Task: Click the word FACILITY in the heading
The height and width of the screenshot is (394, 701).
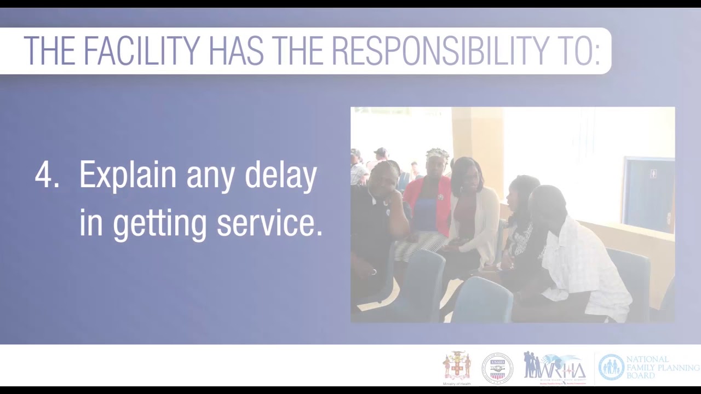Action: coord(142,51)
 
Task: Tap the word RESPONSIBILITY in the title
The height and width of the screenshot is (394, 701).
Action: coord(439,51)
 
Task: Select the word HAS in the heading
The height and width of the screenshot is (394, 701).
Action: coord(236,51)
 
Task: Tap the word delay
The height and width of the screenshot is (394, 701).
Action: coord(280,176)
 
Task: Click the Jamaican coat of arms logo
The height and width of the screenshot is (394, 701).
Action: coord(457,366)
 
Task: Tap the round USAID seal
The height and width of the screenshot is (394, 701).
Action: coord(497,368)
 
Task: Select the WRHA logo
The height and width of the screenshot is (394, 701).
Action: coord(554,367)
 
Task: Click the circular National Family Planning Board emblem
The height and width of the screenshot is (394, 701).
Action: coord(611,367)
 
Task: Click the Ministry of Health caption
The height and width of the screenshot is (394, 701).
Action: coord(457,384)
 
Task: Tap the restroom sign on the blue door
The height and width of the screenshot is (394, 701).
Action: coord(653,174)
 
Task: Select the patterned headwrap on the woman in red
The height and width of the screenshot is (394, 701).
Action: coord(438,154)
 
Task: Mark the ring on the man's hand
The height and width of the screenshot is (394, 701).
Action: coord(374,271)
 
